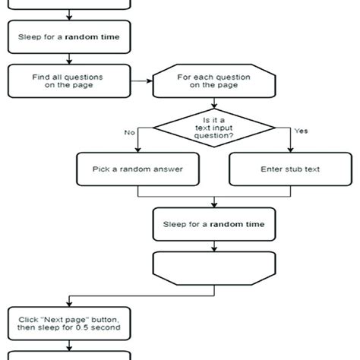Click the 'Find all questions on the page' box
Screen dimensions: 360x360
(x=68, y=81)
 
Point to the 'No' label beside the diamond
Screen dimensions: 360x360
(x=129, y=131)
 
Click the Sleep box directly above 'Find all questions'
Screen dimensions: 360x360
(x=68, y=34)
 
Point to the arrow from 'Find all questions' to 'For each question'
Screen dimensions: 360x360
(x=141, y=80)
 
